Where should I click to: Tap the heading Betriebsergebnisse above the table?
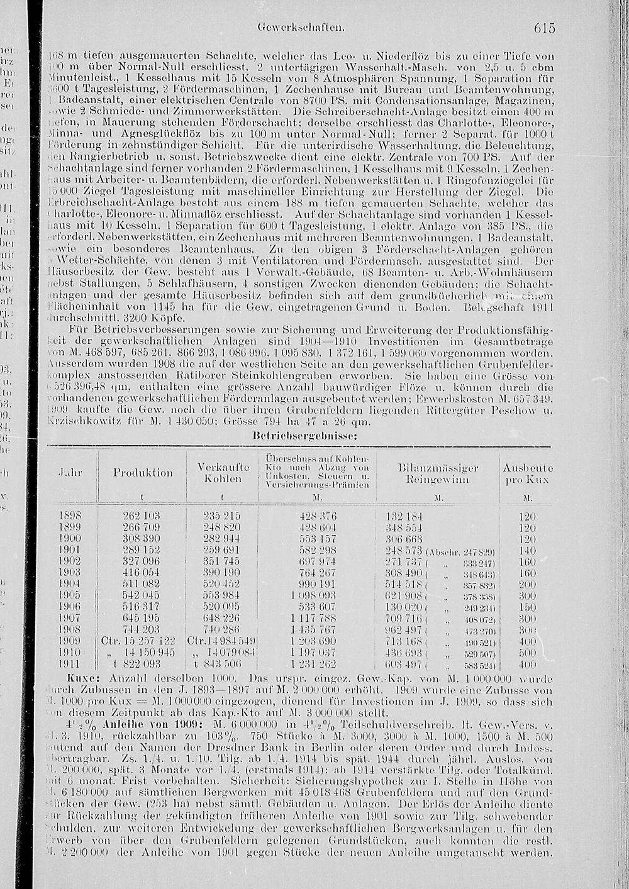(x=305, y=434)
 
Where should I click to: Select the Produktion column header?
(x=143, y=473)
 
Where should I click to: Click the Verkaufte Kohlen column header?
(x=223, y=473)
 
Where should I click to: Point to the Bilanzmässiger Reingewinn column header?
(x=438, y=473)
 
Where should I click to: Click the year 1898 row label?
(x=69, y=516)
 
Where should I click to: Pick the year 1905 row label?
(x=69, y=594)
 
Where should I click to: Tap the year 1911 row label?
(x=69, y=664)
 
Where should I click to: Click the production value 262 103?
(x=142, y=516)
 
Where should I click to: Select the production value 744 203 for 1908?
(x=142, y=629)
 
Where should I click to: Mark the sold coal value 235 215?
(x=222, y=516)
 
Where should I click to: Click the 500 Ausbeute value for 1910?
(x=528, y=653)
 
